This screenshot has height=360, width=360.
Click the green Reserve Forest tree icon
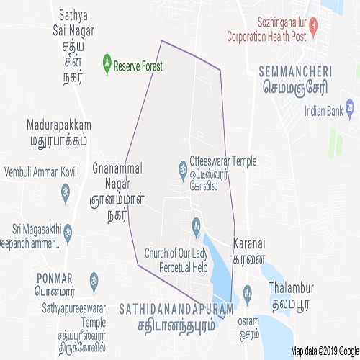(108, 66)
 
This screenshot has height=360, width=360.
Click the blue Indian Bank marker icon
(350, 111)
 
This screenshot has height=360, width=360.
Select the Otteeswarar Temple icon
(183, 170)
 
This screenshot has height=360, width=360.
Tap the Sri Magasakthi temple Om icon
(70, 233)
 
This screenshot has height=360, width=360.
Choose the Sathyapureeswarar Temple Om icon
(94, 279)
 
